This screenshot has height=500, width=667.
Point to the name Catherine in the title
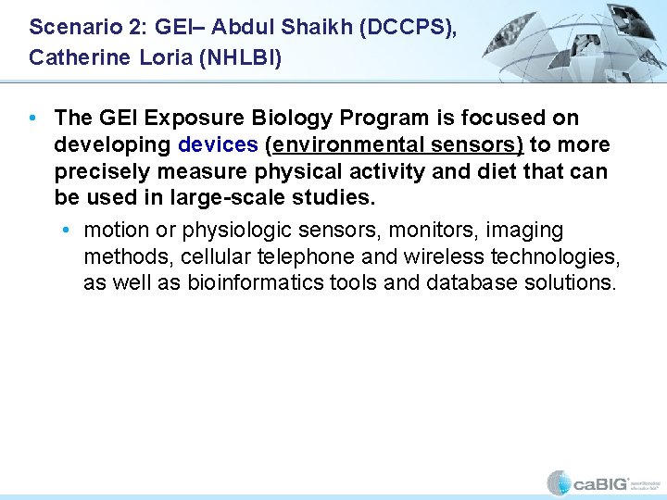point(76,57)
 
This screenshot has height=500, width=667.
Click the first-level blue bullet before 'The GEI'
point(33,119)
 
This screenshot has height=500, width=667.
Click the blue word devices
point(217,145)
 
